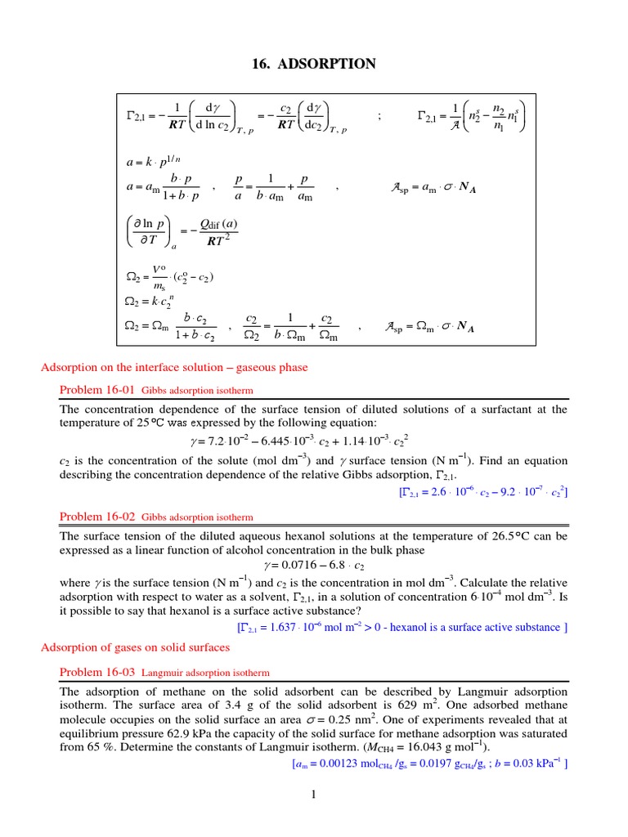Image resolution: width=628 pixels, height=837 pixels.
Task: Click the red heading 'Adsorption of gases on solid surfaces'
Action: click(136, 647)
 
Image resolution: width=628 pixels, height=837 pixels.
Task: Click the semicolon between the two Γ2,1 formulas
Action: click(379, 117)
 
